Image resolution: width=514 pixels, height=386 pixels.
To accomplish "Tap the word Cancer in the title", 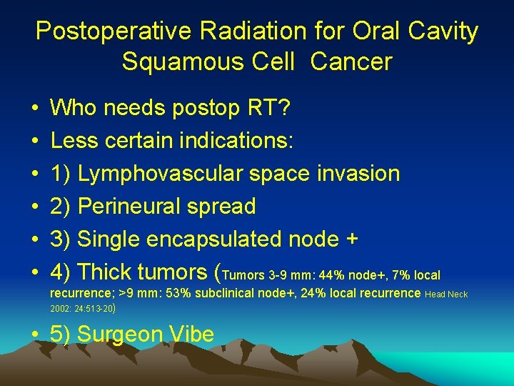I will pyautogui.click(x=351, y=61).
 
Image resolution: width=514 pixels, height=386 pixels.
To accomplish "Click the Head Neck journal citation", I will pyautogui.click(x=446, y=294).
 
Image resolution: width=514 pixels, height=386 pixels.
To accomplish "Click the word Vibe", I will pyautogui.click(x=197, y=334).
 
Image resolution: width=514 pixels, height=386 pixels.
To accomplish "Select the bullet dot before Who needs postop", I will pyautogui.click(x=34, y=109).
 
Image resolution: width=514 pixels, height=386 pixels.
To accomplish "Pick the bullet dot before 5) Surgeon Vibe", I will pyautogui.click(x=34, y=335).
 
